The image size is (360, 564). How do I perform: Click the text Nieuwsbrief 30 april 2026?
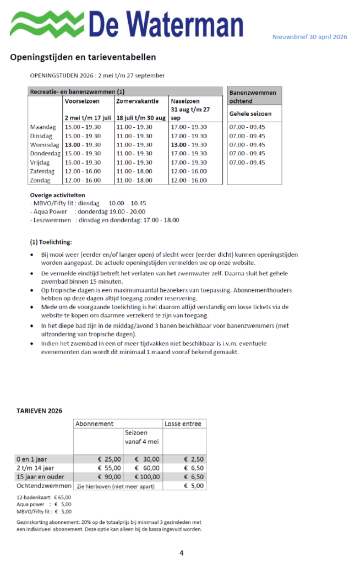point(309,37)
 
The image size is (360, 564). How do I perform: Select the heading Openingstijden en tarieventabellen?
point(83,57)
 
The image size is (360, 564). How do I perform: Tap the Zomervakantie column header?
point(137,101)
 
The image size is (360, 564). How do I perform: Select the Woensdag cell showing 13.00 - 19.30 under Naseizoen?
point(189,145)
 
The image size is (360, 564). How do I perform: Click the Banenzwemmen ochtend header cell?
point(253,97)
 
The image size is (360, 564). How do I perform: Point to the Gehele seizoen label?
point(251,114)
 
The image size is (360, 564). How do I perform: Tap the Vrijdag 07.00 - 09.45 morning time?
point(247,162)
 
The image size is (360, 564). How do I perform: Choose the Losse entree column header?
point(184,424)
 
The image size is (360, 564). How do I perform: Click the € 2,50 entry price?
point(194,459)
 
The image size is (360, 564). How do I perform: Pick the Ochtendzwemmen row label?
point(44,486)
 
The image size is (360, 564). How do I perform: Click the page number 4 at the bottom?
point(181,552)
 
